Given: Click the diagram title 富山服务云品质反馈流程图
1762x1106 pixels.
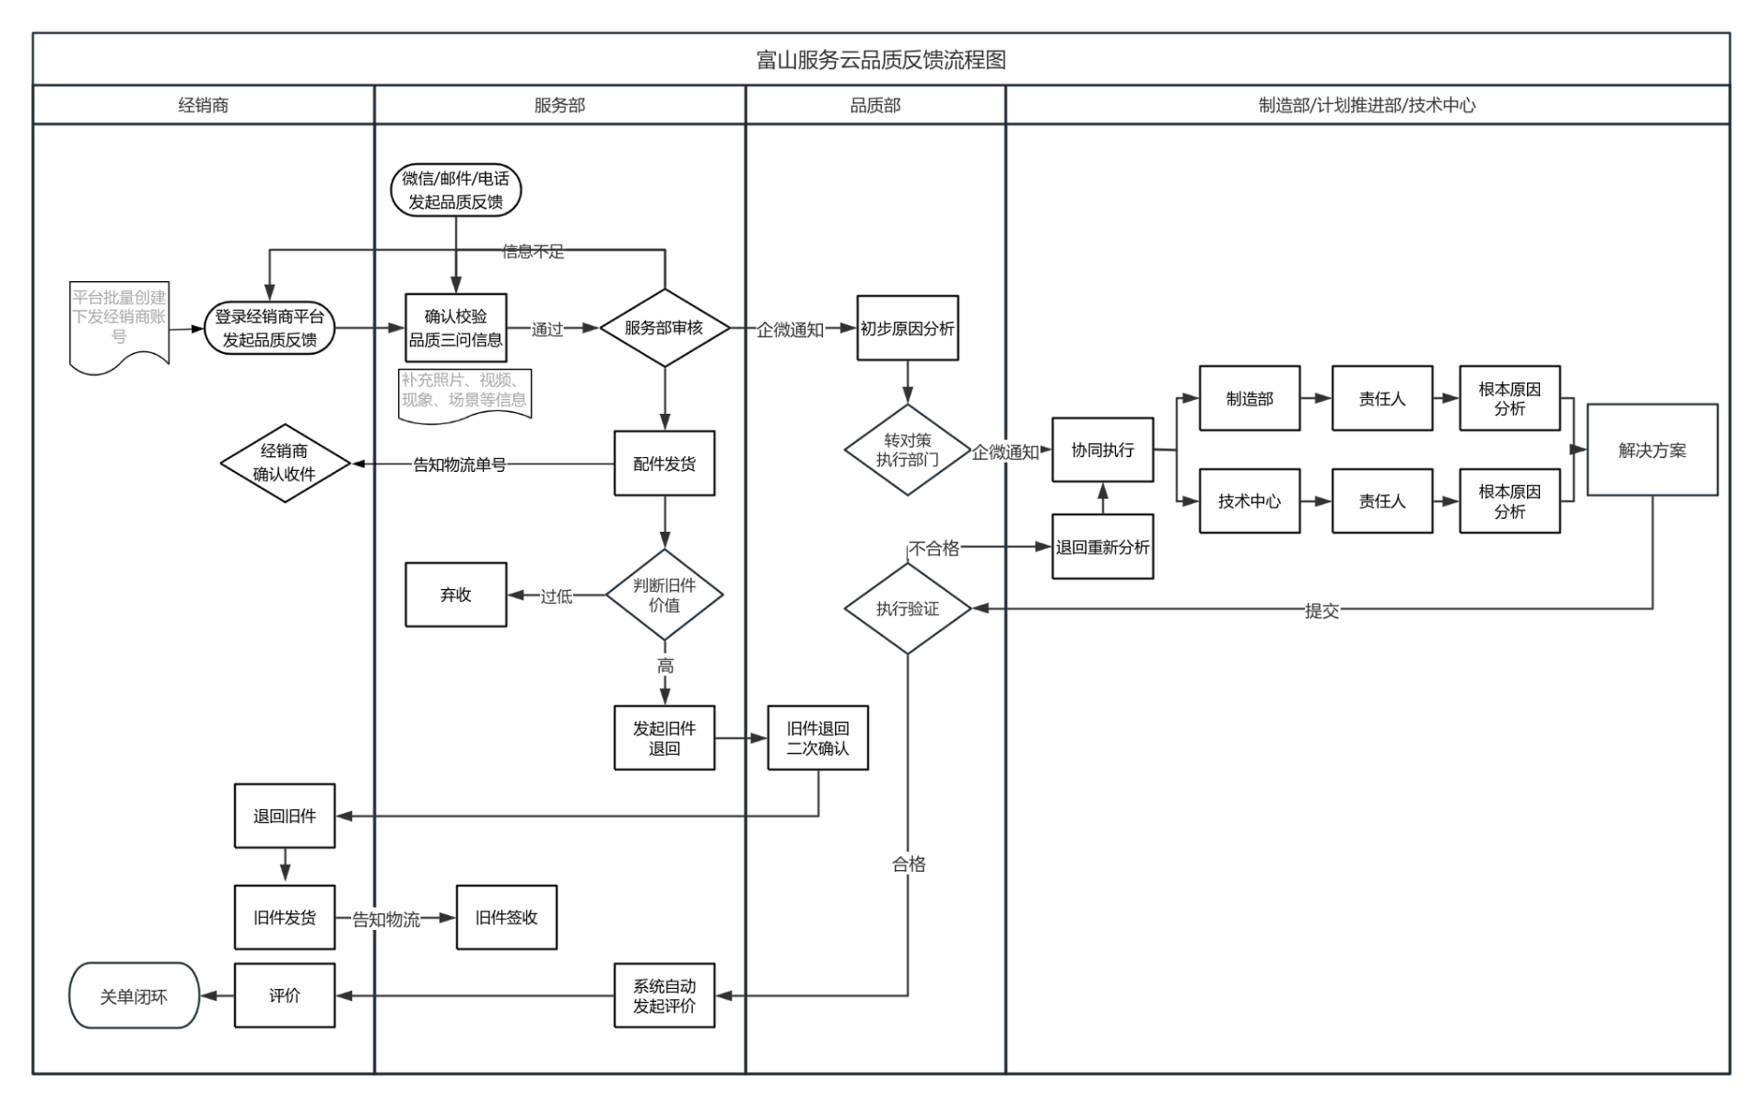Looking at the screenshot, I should [x=880, y=60].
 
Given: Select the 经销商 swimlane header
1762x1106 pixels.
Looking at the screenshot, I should [x=203, y=105].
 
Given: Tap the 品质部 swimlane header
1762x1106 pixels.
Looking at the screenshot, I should [x=875, y=105].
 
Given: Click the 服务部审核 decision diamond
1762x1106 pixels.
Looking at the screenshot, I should [x=664, y=328].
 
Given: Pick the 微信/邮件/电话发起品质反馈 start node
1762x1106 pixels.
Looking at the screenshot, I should [x=455, y=190].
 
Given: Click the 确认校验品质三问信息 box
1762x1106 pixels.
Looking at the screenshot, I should [x=455, y=328].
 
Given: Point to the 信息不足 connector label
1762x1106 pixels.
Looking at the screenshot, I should [x=533, y=252].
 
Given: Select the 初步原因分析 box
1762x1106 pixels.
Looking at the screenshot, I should [x=907, y=328].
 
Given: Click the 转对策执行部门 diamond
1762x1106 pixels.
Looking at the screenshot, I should [x=907, y=450].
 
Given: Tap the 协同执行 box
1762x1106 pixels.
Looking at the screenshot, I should [x=1102, y=450].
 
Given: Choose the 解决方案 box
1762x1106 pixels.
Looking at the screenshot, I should [x=1651, y=450].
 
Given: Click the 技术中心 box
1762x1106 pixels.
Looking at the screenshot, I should [x=1249, y=500].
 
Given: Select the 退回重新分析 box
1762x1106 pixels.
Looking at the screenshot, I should [x=1102, y=547].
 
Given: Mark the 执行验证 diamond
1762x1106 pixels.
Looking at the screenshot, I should [x=907, y=608].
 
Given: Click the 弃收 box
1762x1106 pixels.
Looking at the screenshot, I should [x=455, y=594].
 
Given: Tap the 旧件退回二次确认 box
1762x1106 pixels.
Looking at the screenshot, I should [x=817, y=738].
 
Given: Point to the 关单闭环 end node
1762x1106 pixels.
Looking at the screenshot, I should [x=134, y=995].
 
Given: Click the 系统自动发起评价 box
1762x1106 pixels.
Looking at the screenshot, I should [x=664, y=995].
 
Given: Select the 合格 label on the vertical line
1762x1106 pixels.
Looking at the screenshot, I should [x=908, y=864].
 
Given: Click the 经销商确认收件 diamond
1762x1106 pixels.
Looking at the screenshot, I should [x=285, y=463].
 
